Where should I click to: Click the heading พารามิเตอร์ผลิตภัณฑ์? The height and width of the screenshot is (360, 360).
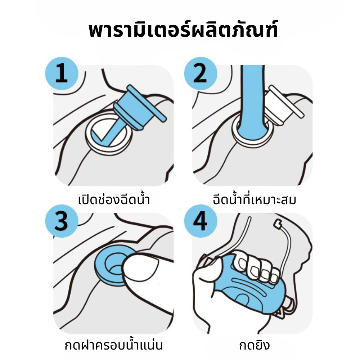click(x=183, y=29)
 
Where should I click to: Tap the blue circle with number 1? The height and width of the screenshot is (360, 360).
click(x=62, y=73)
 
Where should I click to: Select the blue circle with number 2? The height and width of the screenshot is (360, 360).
click(x=201, y=73)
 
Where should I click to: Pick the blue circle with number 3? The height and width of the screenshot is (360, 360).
click(x=62, y=221)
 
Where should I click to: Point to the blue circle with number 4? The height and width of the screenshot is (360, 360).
click(x=201, y=221)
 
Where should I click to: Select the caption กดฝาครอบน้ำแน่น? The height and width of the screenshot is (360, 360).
click(x=114, y=345)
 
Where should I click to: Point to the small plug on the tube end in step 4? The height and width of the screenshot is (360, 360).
click(x=278, y=222)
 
